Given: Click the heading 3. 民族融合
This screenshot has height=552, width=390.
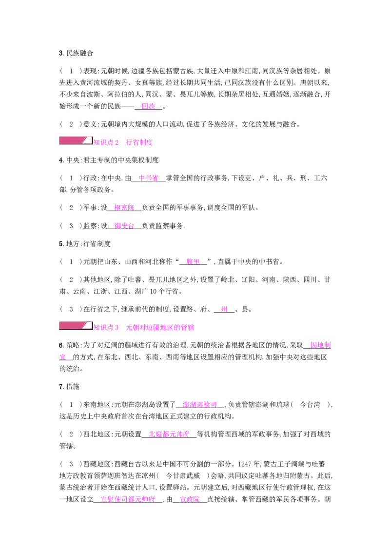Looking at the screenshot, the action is tap(76, 53).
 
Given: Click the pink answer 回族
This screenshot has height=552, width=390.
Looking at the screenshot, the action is tap(149, 106).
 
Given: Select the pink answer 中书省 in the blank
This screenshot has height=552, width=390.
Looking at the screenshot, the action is tap(148, 178).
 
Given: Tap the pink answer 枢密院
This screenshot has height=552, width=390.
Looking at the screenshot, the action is tap(124, 208).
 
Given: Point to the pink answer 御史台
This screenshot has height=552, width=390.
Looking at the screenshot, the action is tap(124, 226).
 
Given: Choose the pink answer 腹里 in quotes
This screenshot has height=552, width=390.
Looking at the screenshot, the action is tap(193, 261).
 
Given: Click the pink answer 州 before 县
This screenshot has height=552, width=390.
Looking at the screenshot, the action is tap(224, 310).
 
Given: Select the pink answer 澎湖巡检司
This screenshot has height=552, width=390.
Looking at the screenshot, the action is tap(200, 405).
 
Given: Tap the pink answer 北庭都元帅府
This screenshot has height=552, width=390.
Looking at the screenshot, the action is tap(169, 434).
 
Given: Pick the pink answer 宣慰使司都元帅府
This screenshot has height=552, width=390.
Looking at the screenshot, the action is tap(128, 499).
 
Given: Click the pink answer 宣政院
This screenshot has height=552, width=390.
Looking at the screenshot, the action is tap(190, 499).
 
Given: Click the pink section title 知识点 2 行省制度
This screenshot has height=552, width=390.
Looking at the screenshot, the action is tap(123, 142).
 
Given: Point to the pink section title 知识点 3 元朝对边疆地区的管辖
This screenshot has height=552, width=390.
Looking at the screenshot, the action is tap(144, 327).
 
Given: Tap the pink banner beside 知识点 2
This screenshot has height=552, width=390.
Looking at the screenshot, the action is tap(76, 141).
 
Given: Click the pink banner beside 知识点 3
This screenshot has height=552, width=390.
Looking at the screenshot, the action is tap(76, 326).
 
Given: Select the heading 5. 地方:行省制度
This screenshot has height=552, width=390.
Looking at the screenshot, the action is tap(85, 244).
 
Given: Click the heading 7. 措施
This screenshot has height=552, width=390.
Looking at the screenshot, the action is tap(69, 387).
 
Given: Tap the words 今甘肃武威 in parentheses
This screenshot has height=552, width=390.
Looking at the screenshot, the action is tap(183, 475).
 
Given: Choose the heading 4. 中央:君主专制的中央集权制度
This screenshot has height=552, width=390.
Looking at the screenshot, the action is tap(109, 160).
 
